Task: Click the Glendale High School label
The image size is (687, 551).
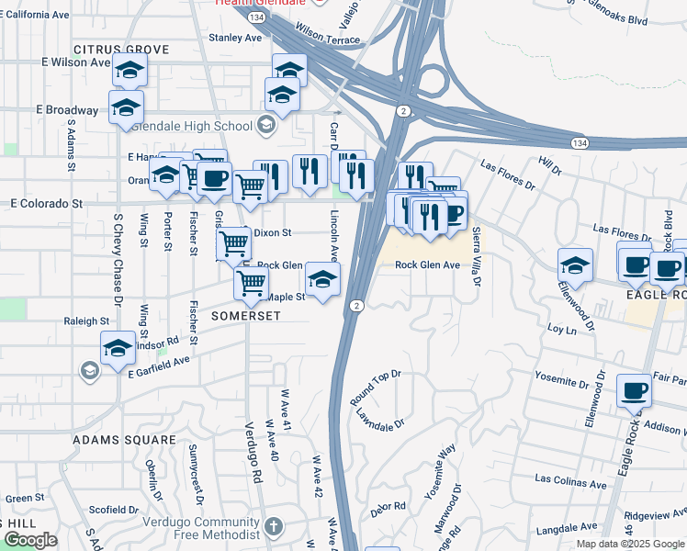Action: (x=193, y=126)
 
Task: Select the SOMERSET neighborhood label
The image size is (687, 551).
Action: (x=244, y=314)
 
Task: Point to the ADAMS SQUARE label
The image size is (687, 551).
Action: (x=125, y=440)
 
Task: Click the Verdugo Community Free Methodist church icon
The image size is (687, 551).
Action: (x=272, y=527)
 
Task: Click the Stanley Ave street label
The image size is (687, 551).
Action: (x=236, y=38)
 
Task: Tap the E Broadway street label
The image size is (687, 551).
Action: (x=67, y=109)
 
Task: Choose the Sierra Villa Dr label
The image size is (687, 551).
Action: (x=476, y=257)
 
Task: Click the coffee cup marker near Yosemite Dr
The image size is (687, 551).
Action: (x=634, y=390)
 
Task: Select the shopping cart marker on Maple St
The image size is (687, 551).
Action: (x=251, y=283)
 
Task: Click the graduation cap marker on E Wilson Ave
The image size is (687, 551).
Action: (x=130, y=69)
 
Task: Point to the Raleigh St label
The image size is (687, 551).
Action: (x=86, y=321)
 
